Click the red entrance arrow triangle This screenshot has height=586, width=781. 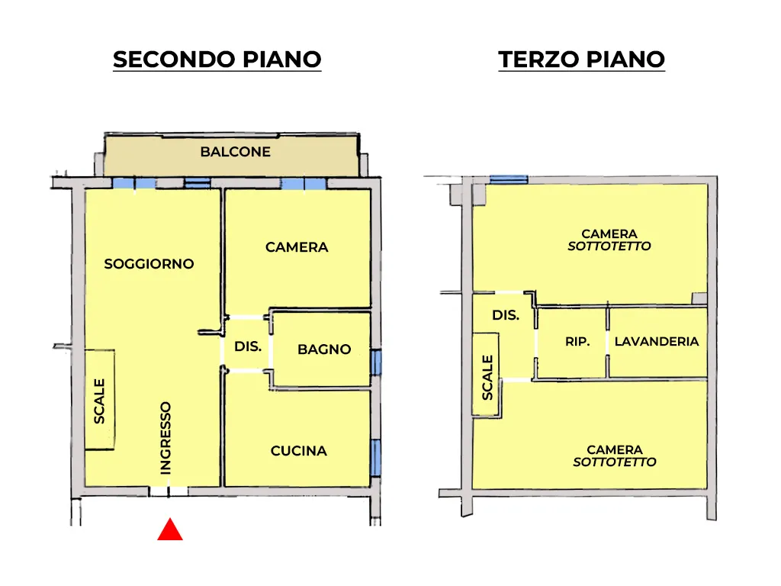click(x=170, y=530)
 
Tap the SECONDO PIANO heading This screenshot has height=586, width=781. click(x=217, y=60)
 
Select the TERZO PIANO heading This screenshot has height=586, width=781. click(x=581, y=60)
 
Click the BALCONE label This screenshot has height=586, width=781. click(x=236, y=152)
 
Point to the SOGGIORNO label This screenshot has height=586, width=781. click(x=149, y=263)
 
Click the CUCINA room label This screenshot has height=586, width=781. click(x=299, y=451)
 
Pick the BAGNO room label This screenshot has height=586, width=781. click(x=324, y=349)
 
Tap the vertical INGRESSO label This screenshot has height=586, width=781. click(x=166, y=438)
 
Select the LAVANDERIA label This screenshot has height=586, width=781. click(x=657, y=341)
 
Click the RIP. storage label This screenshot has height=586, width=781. click(x=577, y=341)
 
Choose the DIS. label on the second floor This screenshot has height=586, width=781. click(x=248, y=346)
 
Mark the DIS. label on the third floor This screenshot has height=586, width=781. click(x=506, y=315)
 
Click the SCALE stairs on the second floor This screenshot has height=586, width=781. click(x=100, y=400)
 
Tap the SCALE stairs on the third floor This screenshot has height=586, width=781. click(x=487, y=375)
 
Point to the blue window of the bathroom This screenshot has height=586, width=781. click(x=376, y=362)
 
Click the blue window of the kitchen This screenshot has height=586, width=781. click(x=376, y=458)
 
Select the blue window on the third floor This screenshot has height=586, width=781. click(x=509, y=179)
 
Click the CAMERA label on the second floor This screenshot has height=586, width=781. click(x=297, y=247)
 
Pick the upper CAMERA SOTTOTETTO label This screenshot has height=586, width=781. click(x=609, y=240)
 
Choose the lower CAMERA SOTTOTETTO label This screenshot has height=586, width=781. click(x=615, y=456)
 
